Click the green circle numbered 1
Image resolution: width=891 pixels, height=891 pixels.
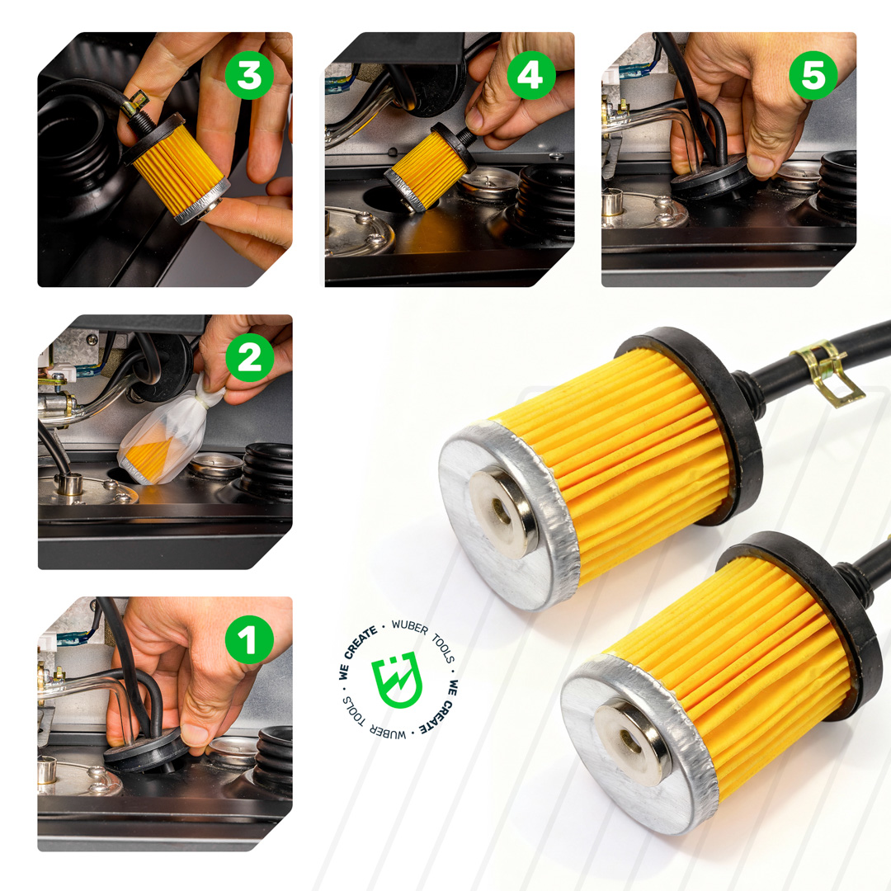[249, 640]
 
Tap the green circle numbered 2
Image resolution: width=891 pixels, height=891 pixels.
[249, 357]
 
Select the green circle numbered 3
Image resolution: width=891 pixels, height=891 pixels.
[249, 75]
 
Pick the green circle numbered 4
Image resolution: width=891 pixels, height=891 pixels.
[531, 75]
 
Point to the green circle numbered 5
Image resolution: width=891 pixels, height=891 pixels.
[813, 75]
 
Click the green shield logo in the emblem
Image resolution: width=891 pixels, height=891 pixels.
[398, 680]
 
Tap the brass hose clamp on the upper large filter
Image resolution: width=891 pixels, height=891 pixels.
[825, 371]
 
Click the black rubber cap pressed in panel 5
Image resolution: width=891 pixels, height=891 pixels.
[711, 177]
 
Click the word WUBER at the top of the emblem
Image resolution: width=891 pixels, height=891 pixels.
[410, 627]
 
